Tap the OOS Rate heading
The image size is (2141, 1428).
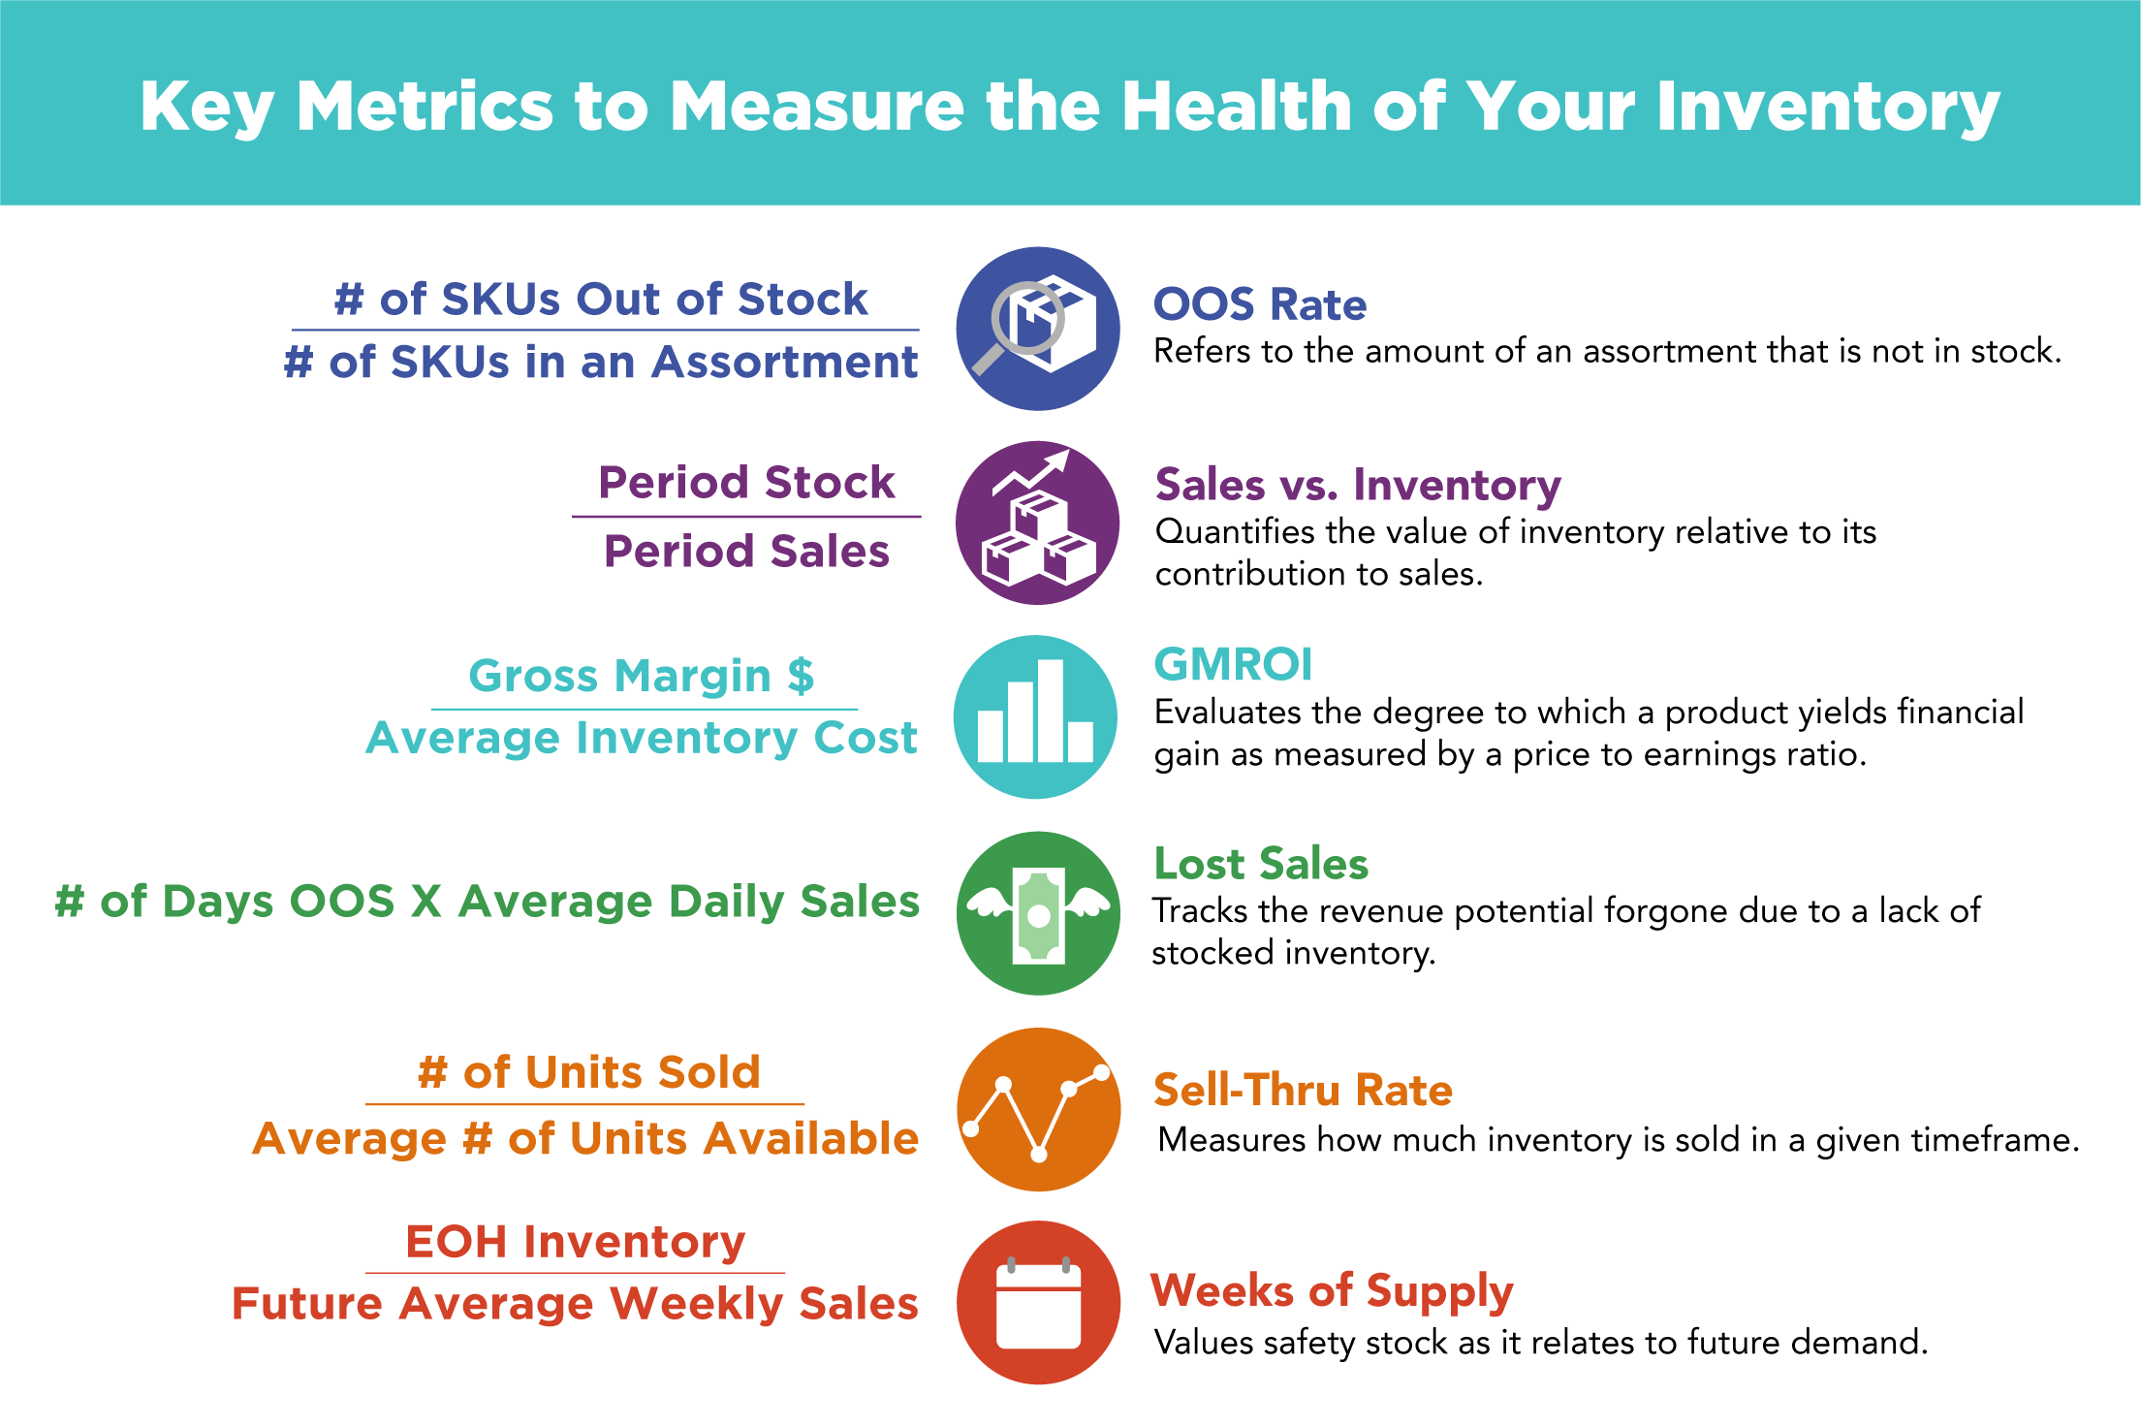(1259, 304)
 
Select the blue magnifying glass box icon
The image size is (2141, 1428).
(1037, 329)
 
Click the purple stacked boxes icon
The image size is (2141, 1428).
(1037, 524)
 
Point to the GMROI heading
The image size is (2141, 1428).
(1232, 665)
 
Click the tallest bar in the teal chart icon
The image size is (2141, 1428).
(1051, 710)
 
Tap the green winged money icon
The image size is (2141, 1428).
(1038, 913)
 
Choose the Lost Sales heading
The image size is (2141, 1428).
(1260, 864)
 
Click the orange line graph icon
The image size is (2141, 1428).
(1038, 1109)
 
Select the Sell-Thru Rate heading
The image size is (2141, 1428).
(1302, 1090)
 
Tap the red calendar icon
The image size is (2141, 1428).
(1038, 1303)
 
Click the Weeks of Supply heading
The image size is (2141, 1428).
(1331, 1291)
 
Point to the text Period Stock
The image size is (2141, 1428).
(746, 483)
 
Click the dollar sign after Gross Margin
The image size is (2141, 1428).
(801, 676)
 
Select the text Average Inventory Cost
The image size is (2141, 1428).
(641, 738)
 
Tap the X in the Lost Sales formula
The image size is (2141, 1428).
(426, 902)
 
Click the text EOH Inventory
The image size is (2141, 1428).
(575, 1242)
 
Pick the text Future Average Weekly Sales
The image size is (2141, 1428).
(575, 1304)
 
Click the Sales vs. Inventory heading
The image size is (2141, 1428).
(1357, 485)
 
